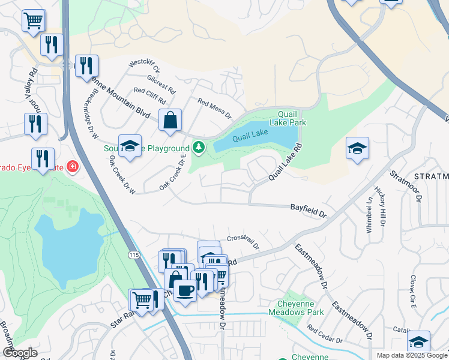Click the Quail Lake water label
coord(249,137)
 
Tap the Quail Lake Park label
coord(292,118)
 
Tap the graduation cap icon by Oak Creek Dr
coord(130,146)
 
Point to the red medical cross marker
coord(73,166)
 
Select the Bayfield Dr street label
coord(308,210)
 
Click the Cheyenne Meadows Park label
coord(300,308)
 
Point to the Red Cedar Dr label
coord(324,334)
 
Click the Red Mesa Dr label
coord(214,108)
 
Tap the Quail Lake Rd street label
coord(285,162)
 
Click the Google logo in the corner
coord(20,352)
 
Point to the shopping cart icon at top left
coord(34,20)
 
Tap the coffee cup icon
coord(185,291)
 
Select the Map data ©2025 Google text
coord(412,355)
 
